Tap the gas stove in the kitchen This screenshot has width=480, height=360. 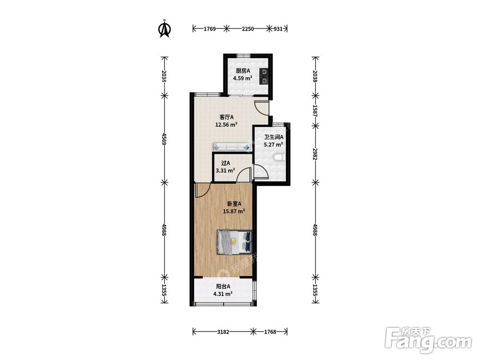click(x=264, y=76)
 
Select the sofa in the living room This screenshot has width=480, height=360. click(x=232, y=146)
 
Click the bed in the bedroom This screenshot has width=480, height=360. click(x=234, y=242)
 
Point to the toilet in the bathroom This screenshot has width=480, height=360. click(x=278, y=157)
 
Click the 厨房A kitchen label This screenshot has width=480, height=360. click(x=243, y=71)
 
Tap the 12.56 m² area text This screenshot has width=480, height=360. click(x=227, y=125)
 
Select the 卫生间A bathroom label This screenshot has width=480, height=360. click(x=274, y=137)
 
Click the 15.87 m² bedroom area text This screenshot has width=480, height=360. click(x=234, y=211)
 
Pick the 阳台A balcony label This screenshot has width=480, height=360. click(x=223, y=287)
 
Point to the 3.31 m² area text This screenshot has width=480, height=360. click(x=225, y=170)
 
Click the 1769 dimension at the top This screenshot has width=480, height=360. click(x=210, y=29)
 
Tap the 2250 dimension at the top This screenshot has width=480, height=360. click(x=248, y=29)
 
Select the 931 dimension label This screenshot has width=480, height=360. click(x=277, y=29)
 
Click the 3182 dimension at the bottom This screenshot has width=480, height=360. click(x=223, y=332)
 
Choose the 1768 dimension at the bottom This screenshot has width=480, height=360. click(x=270, y=332)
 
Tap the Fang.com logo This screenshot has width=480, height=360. click(x=428, y=340)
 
